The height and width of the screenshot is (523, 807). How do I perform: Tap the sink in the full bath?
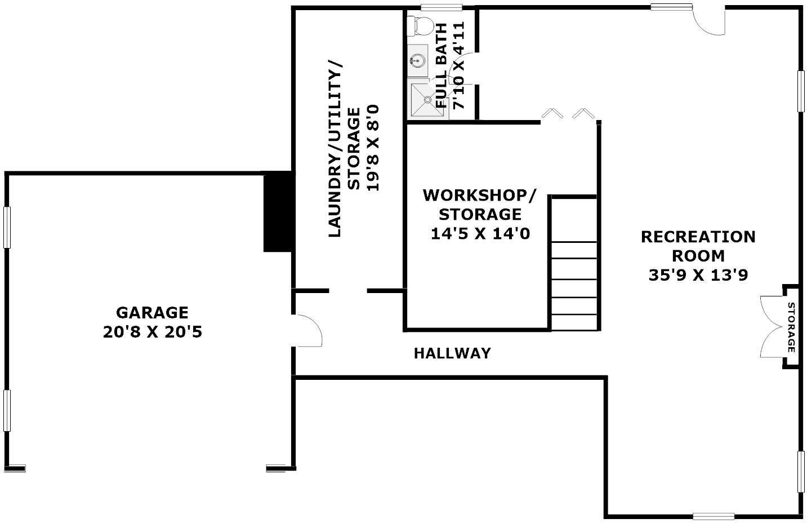(x=417, y=60)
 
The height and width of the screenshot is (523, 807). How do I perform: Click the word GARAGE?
(x=152, y=312)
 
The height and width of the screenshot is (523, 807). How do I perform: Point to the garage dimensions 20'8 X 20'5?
(x=152, y=333)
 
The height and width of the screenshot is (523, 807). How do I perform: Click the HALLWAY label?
(x=452, y=353)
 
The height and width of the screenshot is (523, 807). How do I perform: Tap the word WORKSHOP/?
(x=480, y=196)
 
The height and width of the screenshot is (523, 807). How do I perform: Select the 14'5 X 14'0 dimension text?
(x=480, y=233)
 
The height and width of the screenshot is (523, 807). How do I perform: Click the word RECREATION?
(x=698, y=237)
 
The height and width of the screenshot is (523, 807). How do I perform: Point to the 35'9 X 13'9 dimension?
(x=698, y=275)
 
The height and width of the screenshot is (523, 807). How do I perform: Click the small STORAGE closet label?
(x=791, y=327)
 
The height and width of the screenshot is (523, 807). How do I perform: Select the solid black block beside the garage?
(x=277, y=211)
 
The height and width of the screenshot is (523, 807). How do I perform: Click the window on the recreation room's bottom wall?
(x=714, y=516)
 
